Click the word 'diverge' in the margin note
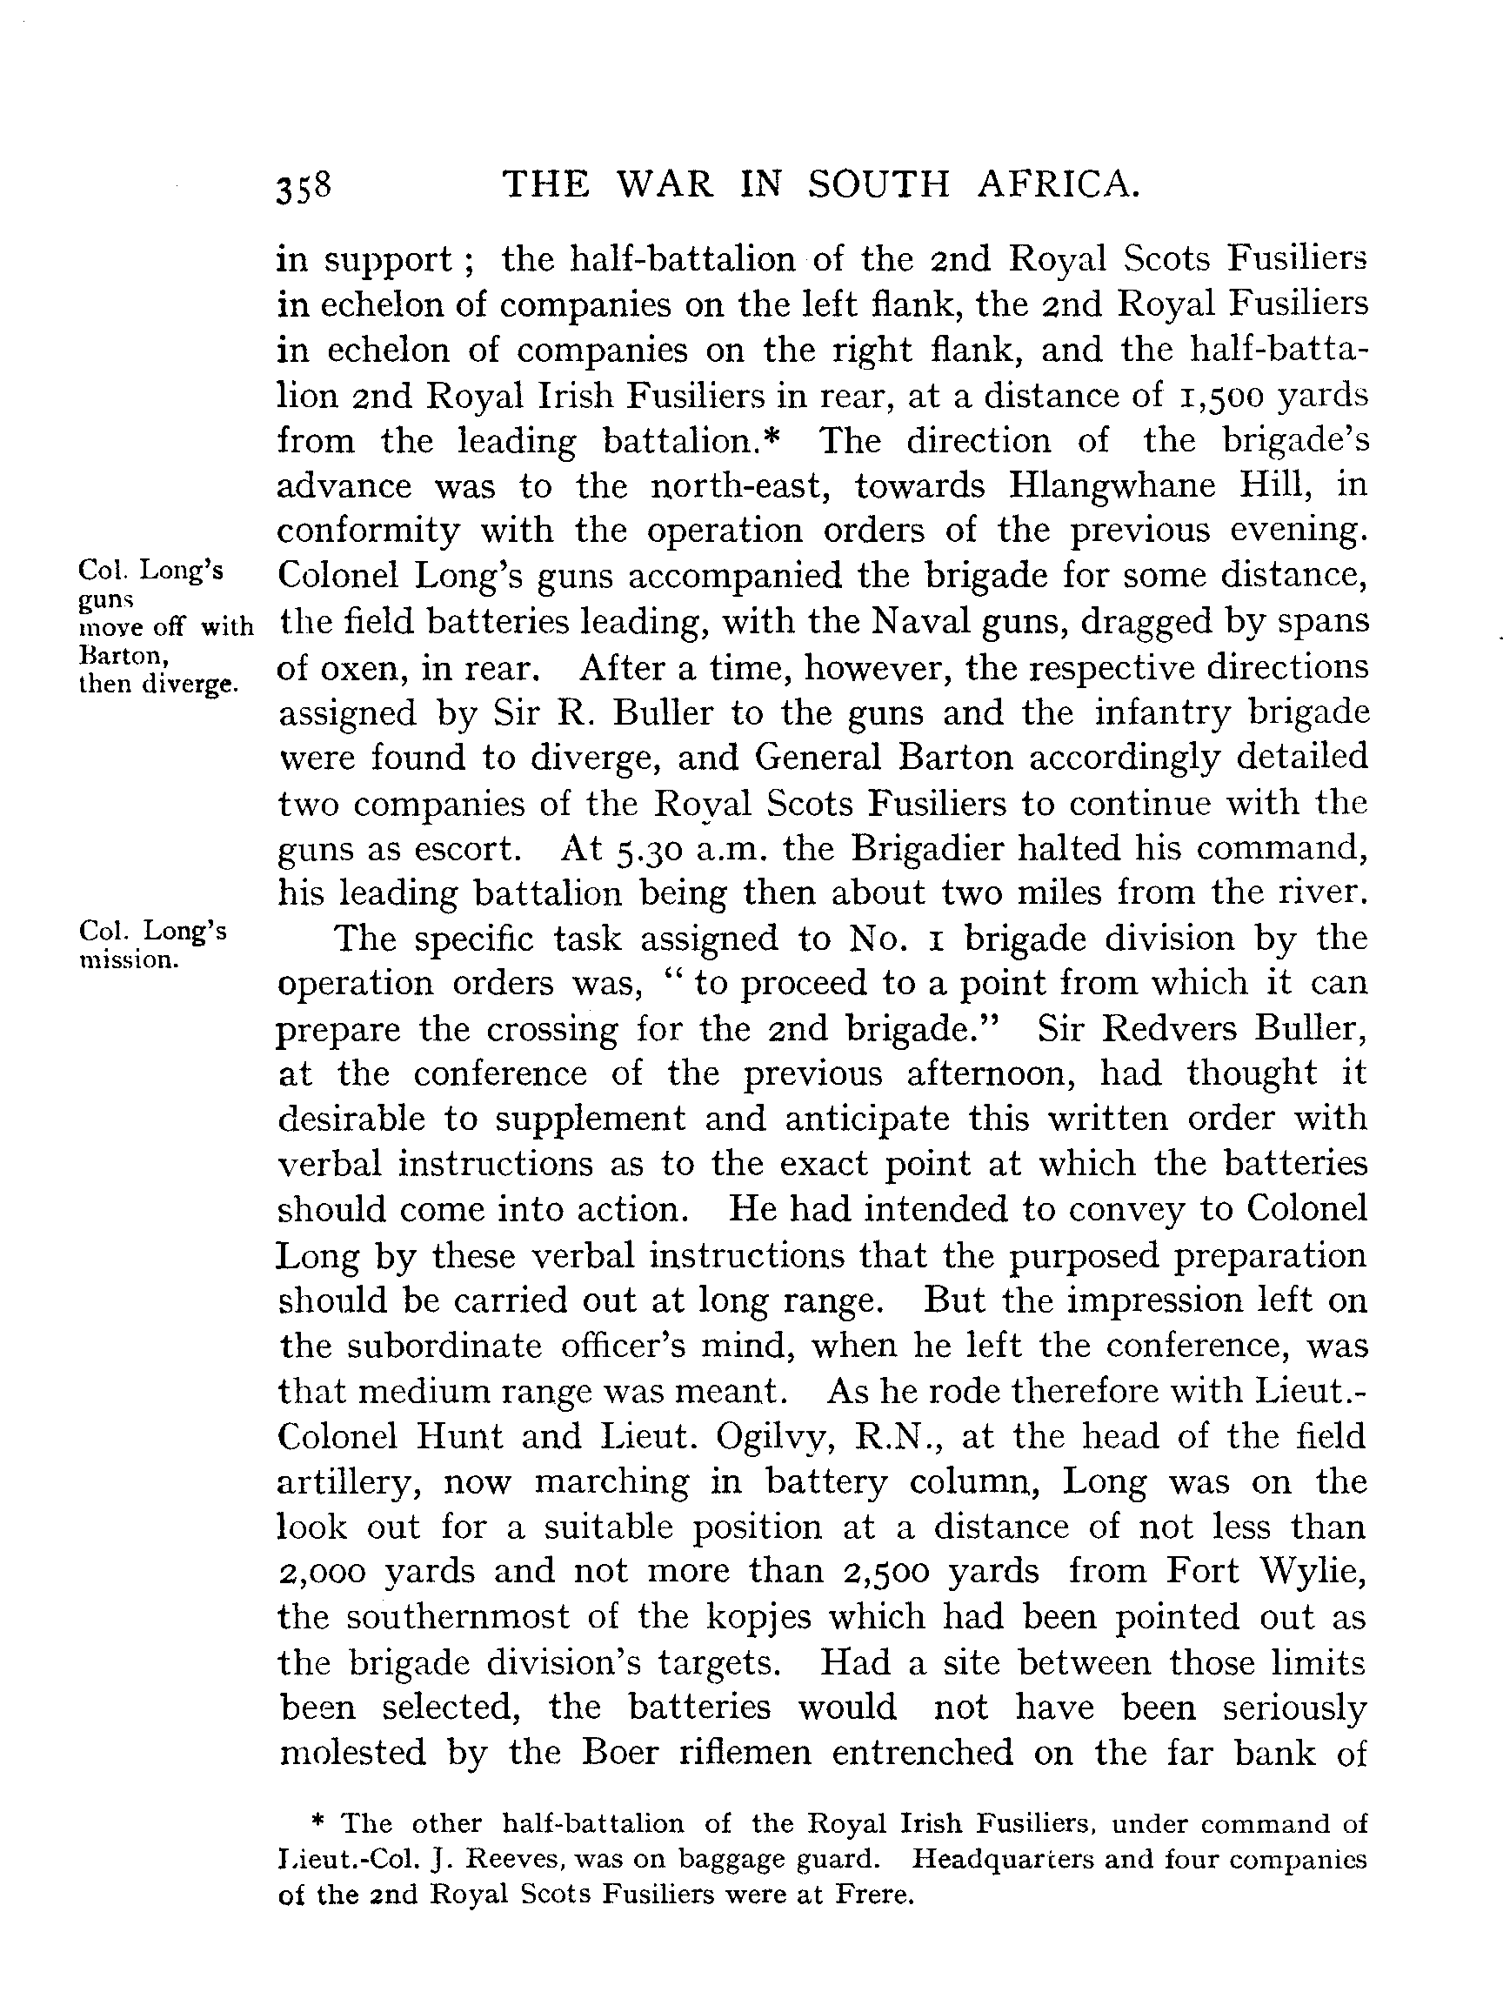tap(192, 684)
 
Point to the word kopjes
tap(877, 1616)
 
